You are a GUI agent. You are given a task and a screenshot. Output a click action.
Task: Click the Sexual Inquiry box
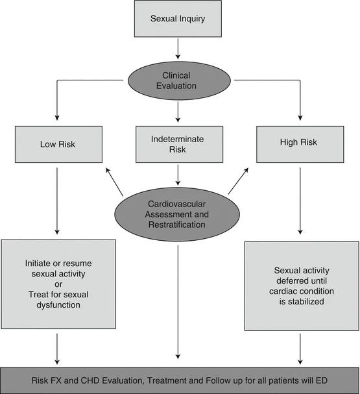pyautogui.click(x=178, y=19)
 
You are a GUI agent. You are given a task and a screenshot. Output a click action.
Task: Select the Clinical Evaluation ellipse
pyautogui.click(x=179, y=80)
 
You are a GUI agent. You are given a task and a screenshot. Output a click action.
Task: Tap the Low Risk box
pyautogui.click(x=58, y=144)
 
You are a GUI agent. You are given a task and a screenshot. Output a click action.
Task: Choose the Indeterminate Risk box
pyautogui.click(x=179, y=144)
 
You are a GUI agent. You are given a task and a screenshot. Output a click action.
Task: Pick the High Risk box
pyautogui.click(x=300, y=144)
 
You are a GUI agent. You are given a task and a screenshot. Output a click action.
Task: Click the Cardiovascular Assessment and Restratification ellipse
pyautogui.click(x=177, y=214)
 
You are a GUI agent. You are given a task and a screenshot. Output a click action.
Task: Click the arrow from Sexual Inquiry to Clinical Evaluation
pyautogui.click(x=178, y=49)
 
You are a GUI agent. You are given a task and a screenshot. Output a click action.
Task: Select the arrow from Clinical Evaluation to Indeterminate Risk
pyautogui.click(x=178, y=112)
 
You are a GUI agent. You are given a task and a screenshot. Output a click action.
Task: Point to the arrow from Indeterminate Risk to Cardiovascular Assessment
pyautogui.click(x=178, y=175)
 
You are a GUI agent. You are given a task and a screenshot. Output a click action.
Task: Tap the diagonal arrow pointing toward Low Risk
pyautogui.click(x=114, y=182)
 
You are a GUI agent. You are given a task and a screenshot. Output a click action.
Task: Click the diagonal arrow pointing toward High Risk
pyautogui.click(x=238, y=181)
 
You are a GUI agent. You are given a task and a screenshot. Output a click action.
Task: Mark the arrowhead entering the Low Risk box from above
pyautogui.click(x=57, y=117)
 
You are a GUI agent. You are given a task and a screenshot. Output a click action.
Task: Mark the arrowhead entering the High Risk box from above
pyautogui.click(x=300, y=117)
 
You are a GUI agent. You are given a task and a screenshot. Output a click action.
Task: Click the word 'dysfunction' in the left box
pyautogui.click(x=58, y=305)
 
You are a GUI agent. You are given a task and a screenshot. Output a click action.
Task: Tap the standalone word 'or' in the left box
pyautogui.click(x=58, y=284)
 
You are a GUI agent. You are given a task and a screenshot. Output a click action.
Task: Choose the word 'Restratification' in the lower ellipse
pyautogui.click(x=176, y=225)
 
